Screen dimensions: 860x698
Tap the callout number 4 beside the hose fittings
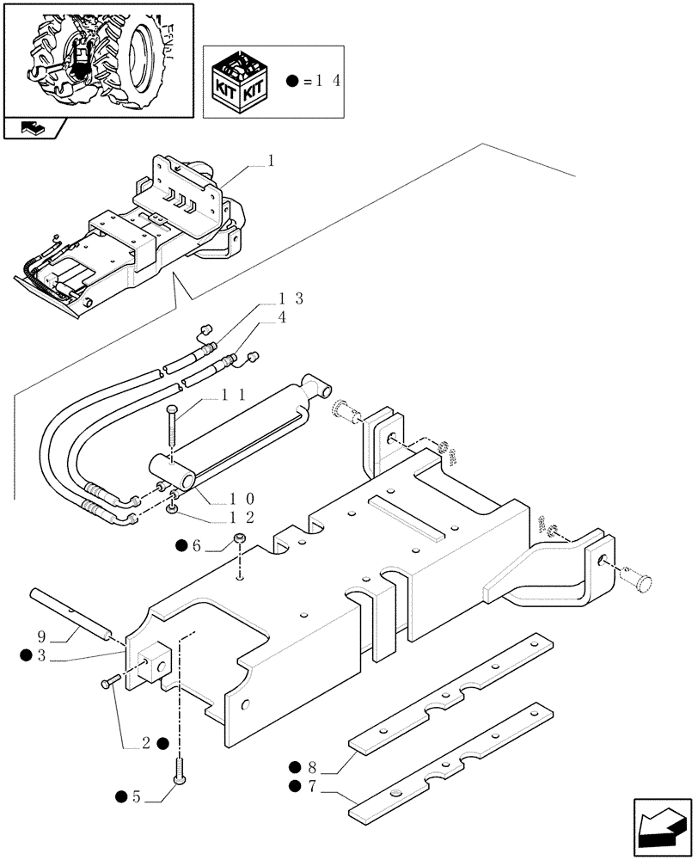281,316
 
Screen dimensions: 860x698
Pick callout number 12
242,518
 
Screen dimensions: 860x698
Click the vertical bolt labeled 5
180,766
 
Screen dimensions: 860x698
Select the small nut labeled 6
241,540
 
